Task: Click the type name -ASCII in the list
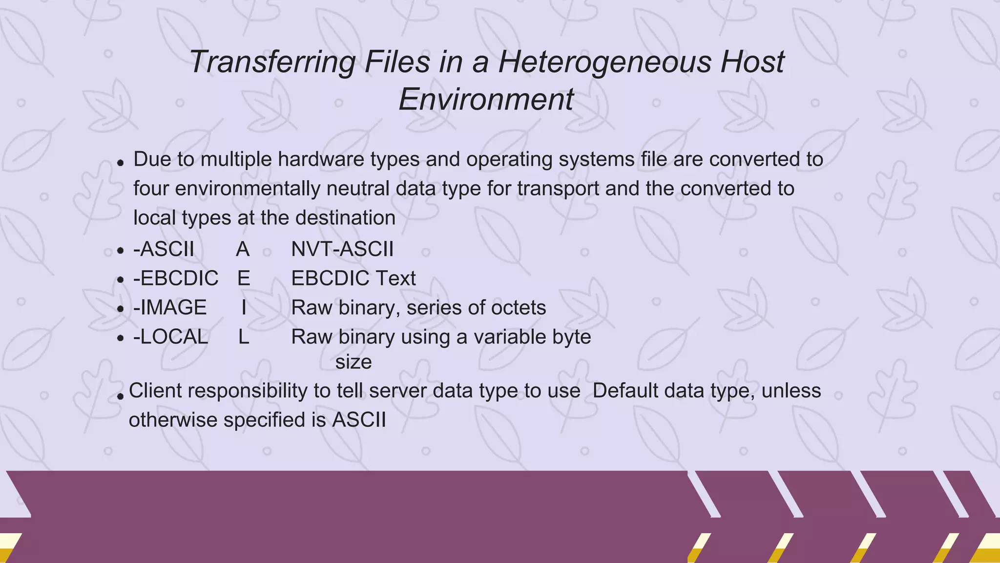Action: pos(164,249)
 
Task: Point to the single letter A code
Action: pos(243,249)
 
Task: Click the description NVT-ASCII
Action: pos(342,249)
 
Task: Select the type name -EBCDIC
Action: pos(176,279)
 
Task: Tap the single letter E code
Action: pos(244,279)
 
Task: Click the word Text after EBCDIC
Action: pos(395,279)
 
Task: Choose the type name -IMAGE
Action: pos(170,308)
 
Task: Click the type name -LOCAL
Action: pos(170,337)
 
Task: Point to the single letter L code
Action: pos(244,337)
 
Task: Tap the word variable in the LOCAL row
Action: pos(505,337)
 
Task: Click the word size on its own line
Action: pos(354,362)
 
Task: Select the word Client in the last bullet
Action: pos(155,391)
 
